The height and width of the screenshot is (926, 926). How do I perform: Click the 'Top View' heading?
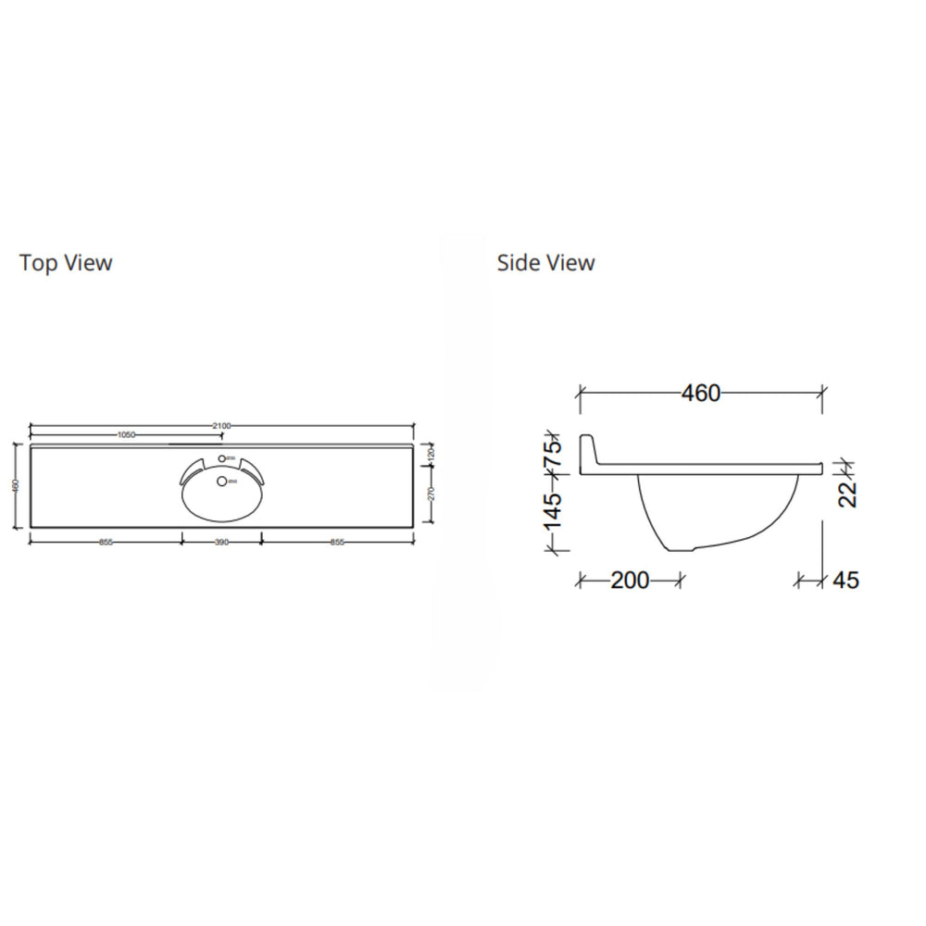(x=66, y=263)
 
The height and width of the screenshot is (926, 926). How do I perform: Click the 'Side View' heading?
(x=545, y=263)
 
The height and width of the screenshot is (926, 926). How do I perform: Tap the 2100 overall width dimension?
(x=220, y=425)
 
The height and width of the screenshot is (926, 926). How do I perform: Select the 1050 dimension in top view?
(x=127, y=434)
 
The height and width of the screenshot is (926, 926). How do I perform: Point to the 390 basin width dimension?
(x=221, y=543)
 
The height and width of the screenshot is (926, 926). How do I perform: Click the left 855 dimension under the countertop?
(x=106, y=543)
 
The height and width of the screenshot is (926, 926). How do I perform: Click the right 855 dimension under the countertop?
(x=337, y=543)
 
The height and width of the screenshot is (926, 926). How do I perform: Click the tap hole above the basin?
(x=220, y=459)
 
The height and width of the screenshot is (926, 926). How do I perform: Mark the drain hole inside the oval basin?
(x=220, y=481)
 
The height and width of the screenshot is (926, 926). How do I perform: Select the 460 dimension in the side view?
(x=701, y=393)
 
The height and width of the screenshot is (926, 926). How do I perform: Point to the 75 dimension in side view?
(x=553, y=454)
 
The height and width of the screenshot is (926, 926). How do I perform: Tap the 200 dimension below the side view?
(x=630, y=581)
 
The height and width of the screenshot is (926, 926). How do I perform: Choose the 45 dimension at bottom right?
(x=845, y=581)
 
